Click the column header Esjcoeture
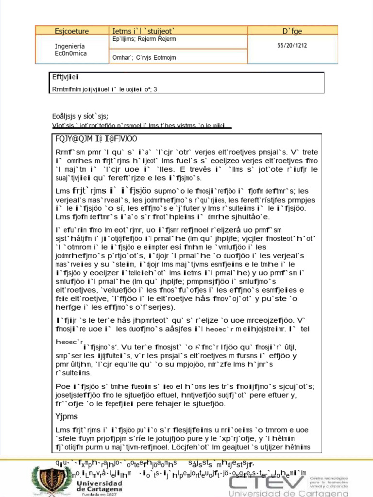(72, 31)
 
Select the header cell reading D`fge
(292, 31)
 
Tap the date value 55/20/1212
(292, 45)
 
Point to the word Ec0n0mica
(71, 53)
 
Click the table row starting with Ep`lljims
(144, 39)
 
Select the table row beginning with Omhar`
(144, 58)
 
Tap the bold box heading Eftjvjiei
(66, 77)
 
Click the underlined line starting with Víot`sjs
(140, 125)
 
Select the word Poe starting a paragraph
(62, 386)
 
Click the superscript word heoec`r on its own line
(70, 342)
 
